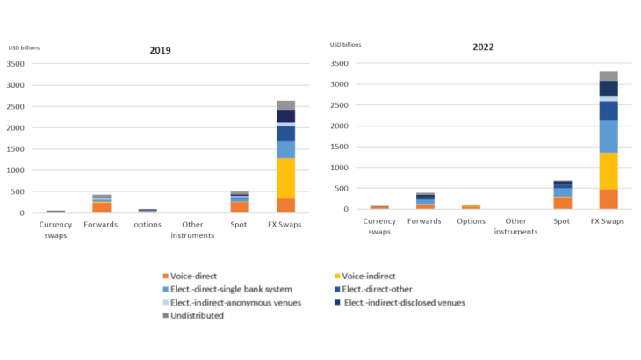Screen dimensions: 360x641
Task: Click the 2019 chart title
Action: pyautogui.click(x=160, y=51)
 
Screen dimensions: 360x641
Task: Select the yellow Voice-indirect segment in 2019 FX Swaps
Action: pyautogui.click(x=285, y=178)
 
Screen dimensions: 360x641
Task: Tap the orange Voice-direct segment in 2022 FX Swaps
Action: pyautogui.click(x=609, y=198)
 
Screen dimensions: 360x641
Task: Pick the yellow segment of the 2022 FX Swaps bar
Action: pyautogui.click(x=609, y=170)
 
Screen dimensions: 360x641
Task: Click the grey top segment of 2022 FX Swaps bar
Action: pyautogui.click(x=609, y=76)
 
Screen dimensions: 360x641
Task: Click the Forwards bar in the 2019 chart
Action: pyautogui.click(x=102, y=204)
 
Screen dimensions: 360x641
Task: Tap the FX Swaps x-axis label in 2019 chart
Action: pyautogui.click(x=285, y=225)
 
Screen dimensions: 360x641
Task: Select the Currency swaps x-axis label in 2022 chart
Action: pyautogui.click(x=379, y=227)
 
